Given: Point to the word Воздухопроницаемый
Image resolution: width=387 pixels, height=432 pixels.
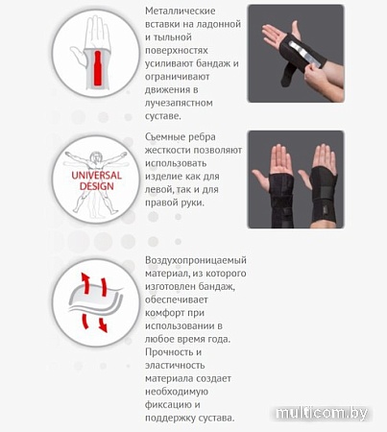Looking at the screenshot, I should (x=196, y=261).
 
